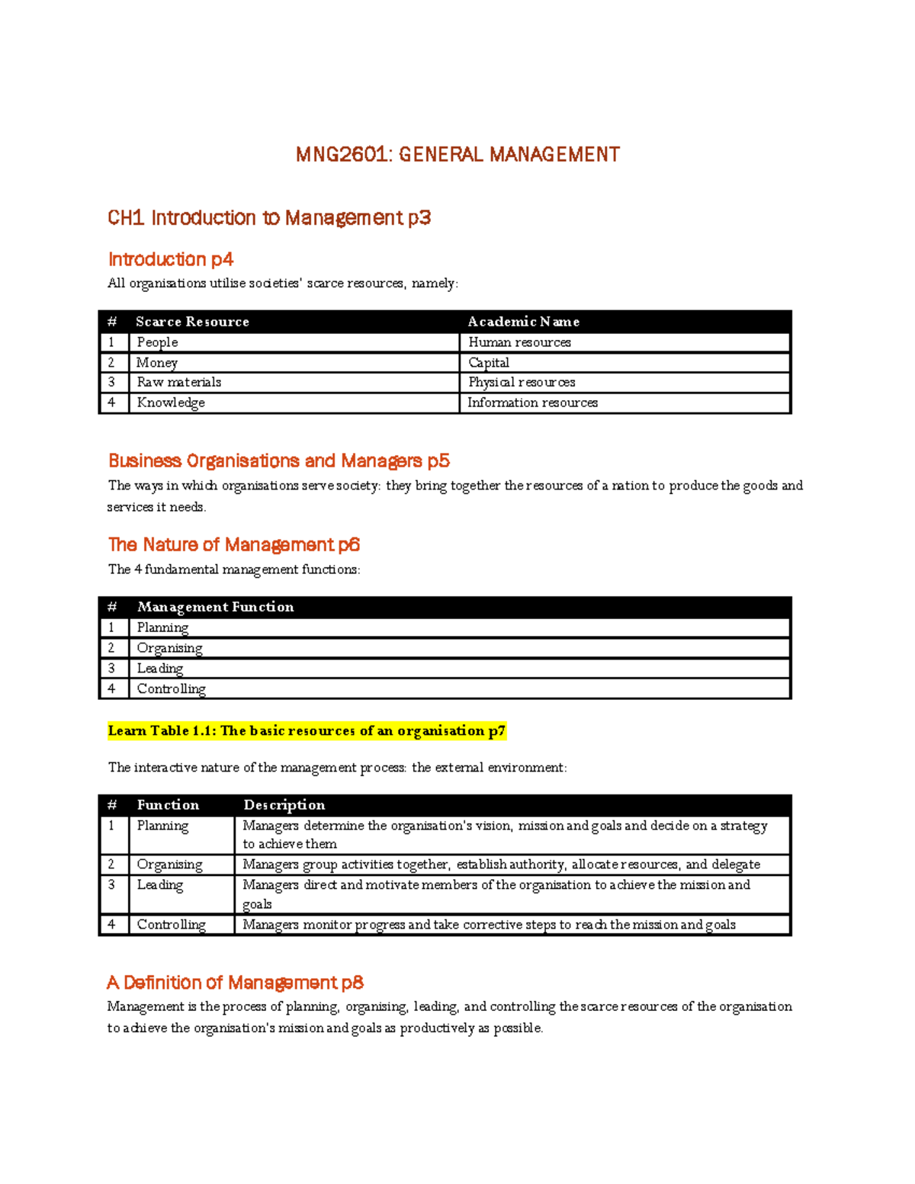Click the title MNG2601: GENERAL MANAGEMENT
click(x=457, y=155)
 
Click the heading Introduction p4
click(x=170, y=259)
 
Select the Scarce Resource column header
click(x=192, y=322)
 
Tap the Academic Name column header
click(x=523, y=322)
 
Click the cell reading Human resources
click(x=519, y=342)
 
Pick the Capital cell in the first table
click(x=489, y=363)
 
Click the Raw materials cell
click(x=179, y=382)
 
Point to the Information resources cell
click(x=532, y=403)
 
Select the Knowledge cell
click(x=171, y=403)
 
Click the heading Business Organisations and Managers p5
click(x=279, y=460)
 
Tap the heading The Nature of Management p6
click(x=233, y=544)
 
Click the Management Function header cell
click(x=215, y=607)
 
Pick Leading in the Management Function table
click(x=160, y=669)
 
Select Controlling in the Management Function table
click(x=171, y=688)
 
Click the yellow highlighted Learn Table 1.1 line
click(x=307, y=730)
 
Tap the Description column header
click(x=284, y=805)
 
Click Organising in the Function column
click(x=169, y=865)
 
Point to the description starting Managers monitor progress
click(x=489, y=925)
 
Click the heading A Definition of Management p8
click(x=235, y=982)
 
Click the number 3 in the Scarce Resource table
click(x=111, y=382)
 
